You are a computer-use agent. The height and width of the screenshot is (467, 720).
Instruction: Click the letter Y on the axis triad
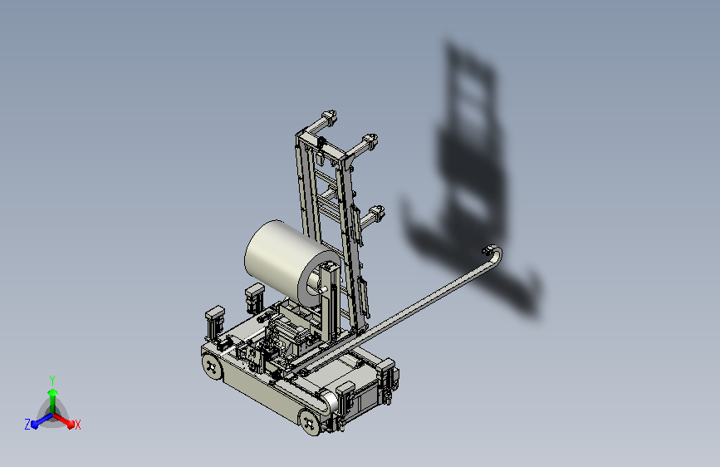52,381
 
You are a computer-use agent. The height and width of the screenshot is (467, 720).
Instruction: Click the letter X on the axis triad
78,425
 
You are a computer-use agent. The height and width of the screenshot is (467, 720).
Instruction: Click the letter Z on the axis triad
27,425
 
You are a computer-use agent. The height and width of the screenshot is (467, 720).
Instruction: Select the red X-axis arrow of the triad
63,420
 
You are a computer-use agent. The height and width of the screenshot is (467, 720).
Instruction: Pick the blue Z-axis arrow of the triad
42,420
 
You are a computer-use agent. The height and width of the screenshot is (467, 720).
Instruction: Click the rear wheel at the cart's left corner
212,366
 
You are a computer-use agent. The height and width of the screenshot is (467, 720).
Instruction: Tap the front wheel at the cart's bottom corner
310,422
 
